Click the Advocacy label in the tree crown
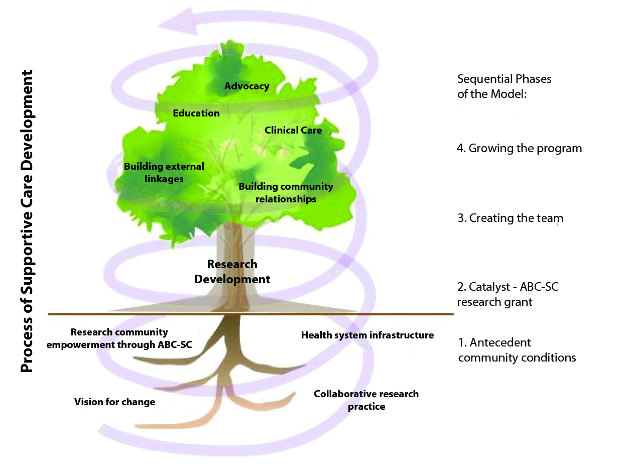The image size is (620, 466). [x=246, y=86]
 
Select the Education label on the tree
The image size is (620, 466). [x=196, y=113]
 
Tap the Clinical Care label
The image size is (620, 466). [x=293, y=130]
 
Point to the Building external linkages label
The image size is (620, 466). [x=164, y=172]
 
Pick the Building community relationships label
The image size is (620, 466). [x=286, y=193]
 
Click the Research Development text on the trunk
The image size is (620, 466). [x=232, y=272]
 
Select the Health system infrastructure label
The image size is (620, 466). [x=367, y=335]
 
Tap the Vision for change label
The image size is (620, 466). [x=114, y=402]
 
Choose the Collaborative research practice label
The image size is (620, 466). [x=366, y=400]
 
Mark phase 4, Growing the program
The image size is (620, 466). [x=520, y=148]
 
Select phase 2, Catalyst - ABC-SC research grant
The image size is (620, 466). [x=508, y=294]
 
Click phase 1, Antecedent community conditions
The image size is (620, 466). [x=517, y=350]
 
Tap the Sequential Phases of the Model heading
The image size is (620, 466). [x=504, y=86]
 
